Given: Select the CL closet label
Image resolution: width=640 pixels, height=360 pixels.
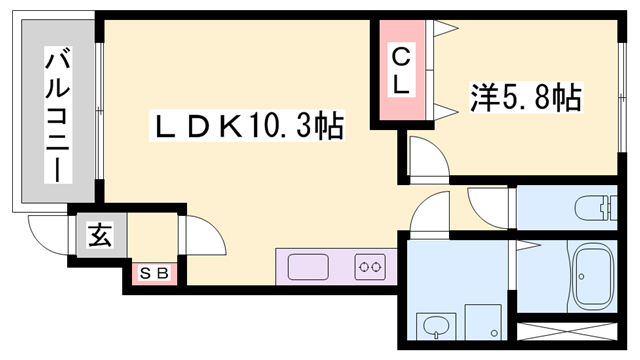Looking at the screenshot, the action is pos(399,71).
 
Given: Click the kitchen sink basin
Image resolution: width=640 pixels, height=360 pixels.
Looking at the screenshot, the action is pos(308,267).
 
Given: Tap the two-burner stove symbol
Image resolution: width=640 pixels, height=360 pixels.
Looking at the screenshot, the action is pos(370,267).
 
